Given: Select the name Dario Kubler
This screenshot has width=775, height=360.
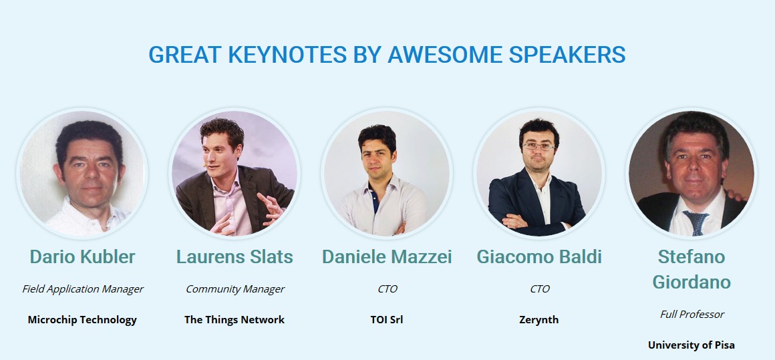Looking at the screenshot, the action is (x=82, y=256).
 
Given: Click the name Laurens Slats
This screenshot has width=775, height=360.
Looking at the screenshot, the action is (x=235, y=256).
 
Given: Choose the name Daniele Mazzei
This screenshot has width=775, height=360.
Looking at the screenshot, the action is (x=387, y=256).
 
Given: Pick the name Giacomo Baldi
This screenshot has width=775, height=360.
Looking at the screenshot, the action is (x=539, y=256).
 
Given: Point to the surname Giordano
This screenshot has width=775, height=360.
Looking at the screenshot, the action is (x=691, y=283).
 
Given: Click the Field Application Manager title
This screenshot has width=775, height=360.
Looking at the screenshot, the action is (x=83, y=289).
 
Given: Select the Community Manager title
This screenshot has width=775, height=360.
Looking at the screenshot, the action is (x=235, y=289).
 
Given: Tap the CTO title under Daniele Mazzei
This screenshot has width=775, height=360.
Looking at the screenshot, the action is (x=387, y=289).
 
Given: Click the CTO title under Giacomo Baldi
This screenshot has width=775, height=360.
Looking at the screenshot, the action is (x=539, y=289).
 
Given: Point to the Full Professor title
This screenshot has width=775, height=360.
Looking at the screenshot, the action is (x=691, y=315).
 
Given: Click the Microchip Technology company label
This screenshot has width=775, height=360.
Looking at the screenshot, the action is (x=82, y=319).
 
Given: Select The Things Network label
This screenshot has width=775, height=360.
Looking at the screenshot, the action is (x=235, y=319).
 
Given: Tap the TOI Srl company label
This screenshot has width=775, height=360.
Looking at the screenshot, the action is (x=387, y=319).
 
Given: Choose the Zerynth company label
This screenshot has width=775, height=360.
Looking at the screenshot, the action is (x=538, y=320).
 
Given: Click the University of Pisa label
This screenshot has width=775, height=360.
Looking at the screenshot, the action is (x=691, y=345).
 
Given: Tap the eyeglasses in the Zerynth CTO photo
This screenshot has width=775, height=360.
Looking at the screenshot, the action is (x=538, y=147).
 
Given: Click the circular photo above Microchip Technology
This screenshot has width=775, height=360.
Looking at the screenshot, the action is (x=82, y=173).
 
